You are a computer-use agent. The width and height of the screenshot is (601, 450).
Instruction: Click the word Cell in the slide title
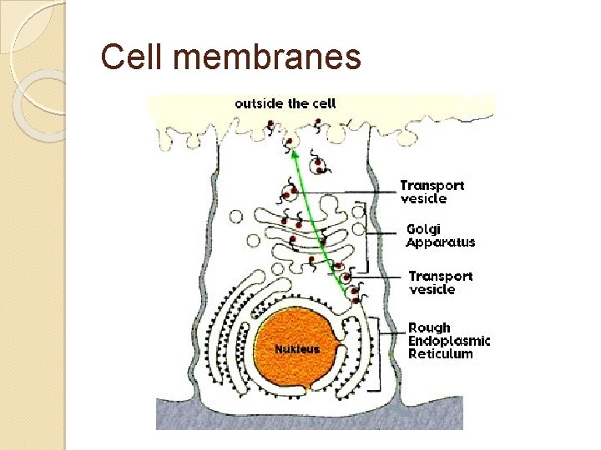125,57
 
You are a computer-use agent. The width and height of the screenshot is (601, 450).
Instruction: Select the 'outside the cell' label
285,104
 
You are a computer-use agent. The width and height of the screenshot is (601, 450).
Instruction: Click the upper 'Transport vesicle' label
432,192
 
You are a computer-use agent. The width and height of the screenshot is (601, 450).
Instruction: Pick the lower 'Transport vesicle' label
441,282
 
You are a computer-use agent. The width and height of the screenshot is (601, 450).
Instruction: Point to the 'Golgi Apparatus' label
440,235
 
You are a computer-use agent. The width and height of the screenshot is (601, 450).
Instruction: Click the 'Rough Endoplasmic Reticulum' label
449,340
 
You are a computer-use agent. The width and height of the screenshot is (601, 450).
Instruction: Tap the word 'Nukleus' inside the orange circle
297,349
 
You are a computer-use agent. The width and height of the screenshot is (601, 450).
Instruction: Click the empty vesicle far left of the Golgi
236,217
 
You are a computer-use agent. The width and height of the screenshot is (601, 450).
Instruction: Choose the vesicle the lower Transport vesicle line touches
344,272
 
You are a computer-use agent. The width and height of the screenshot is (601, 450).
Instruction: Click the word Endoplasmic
449,340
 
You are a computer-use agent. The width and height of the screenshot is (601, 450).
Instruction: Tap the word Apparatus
440,242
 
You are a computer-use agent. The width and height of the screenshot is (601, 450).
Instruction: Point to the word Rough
429,327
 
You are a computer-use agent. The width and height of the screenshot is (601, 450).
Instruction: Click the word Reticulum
440,353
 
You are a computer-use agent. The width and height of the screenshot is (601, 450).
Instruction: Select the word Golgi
422,228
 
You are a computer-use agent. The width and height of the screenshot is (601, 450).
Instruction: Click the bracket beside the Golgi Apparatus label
370,236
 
